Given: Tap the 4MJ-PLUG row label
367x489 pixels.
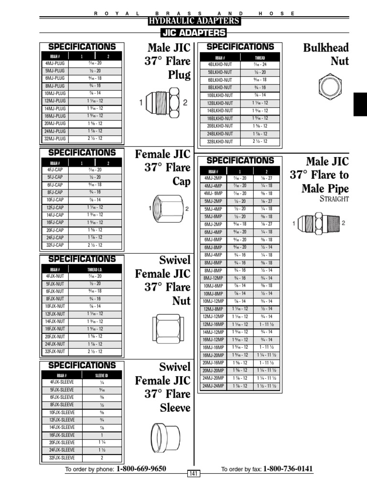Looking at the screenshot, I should coord(54,63).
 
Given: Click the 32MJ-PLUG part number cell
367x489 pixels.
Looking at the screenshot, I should coord(54,138).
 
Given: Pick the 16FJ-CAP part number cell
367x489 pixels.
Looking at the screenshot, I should coord(55,223).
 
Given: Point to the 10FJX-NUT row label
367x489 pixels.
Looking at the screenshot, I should coord(55,306).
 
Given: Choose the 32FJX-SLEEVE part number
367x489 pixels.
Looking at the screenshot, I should coord(62,457).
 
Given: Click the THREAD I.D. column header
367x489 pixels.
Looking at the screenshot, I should coord(95,269).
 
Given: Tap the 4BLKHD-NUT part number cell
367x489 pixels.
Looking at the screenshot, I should coord(220,64).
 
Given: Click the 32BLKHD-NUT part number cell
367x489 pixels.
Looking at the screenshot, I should coord(220,141).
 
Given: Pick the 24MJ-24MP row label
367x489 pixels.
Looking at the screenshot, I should coord(213,386).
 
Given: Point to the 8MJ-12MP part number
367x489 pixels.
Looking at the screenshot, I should coord(213,278).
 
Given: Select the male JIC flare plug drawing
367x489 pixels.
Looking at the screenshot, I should coord(162,103).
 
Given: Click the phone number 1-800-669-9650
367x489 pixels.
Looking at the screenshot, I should coord(141,469).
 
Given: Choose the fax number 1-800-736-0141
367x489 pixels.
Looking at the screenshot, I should coord(288,469).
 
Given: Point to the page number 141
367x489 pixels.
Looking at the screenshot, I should coord(193,473).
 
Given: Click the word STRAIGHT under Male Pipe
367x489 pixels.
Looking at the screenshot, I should coord(334,199).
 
